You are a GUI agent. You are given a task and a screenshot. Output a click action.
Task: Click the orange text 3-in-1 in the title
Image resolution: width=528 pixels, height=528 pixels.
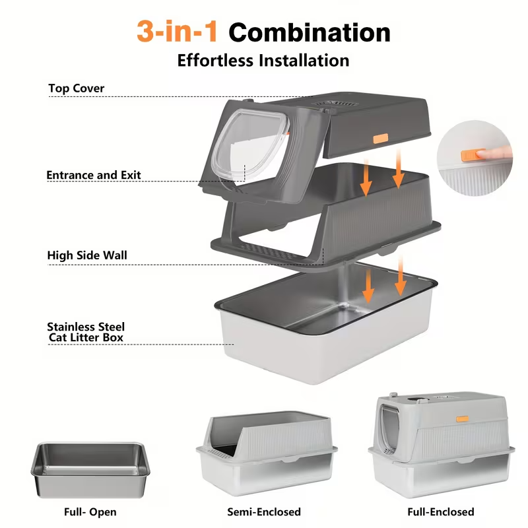point(178,31)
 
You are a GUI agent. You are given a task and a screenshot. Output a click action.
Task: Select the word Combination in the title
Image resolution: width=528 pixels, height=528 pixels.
point(310,32)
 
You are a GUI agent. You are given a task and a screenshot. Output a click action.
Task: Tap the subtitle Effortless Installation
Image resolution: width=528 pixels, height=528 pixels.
point(263,61)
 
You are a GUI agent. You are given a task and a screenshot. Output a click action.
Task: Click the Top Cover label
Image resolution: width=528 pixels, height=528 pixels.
point(77,88)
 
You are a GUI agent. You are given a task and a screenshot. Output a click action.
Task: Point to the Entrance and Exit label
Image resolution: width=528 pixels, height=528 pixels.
point(94,176)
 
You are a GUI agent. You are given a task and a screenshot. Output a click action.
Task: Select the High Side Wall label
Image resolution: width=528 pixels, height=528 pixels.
point(87,255)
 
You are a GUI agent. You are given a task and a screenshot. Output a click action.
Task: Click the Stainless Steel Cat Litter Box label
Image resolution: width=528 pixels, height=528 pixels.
point(86,332)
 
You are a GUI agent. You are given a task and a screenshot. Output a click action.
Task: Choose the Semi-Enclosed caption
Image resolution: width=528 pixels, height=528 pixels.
point(264,511)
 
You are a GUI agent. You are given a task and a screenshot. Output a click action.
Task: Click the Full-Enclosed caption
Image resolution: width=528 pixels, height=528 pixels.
point(440,511)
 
